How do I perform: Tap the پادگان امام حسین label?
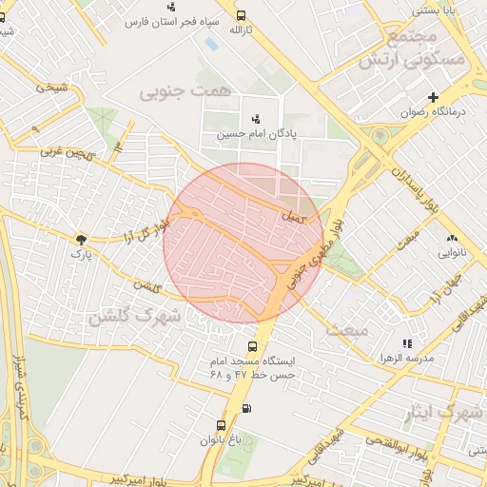(255, 133)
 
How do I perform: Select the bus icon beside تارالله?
(241, 15)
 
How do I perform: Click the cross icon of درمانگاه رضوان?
(434, 97)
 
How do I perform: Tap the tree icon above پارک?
(80, 240)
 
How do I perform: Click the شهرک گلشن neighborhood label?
(135, 317)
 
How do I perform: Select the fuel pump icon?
(247, 409)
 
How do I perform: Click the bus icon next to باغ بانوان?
(221, 425)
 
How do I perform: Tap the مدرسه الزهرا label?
(407, 358)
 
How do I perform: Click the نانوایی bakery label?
(451, 253)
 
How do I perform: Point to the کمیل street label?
(294, 218)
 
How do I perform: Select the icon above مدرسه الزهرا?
(407, 343)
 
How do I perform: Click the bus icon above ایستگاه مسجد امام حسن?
(252, 347)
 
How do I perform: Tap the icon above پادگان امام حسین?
(255, 119)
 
